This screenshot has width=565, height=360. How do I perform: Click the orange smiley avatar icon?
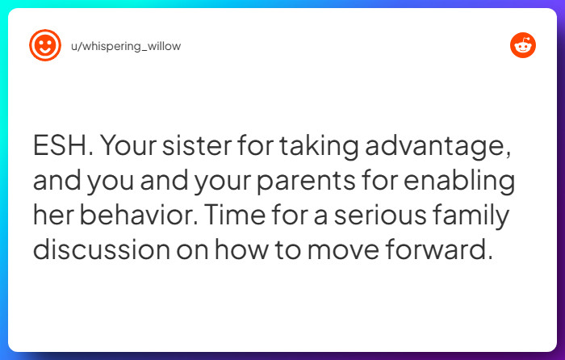pos(44,46)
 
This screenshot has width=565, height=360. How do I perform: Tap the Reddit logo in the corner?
pos(522,46)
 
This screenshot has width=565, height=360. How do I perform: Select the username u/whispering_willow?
pos(126,46)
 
